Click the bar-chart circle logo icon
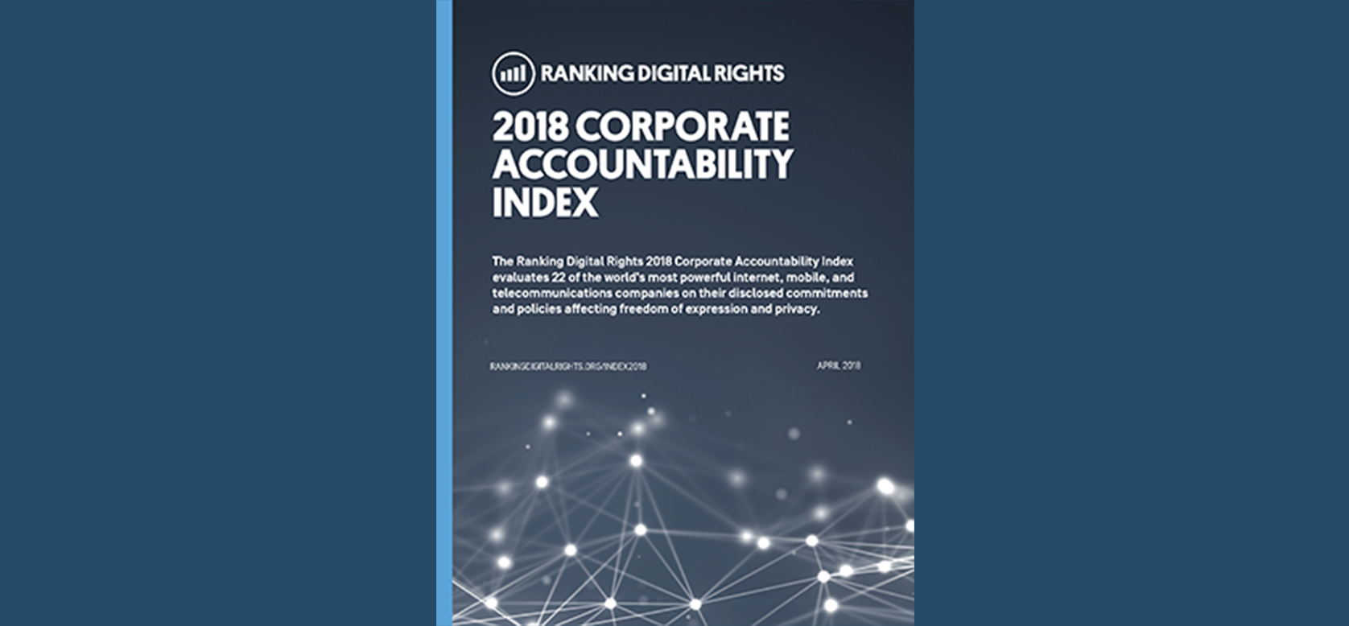[x=513, y=74]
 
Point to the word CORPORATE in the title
[x=683, y=127]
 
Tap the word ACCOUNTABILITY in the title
[x=642, y=165]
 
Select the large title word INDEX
[x=545, y=202]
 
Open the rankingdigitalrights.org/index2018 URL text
[x=568, y=366]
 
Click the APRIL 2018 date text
[x=839, y=365]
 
